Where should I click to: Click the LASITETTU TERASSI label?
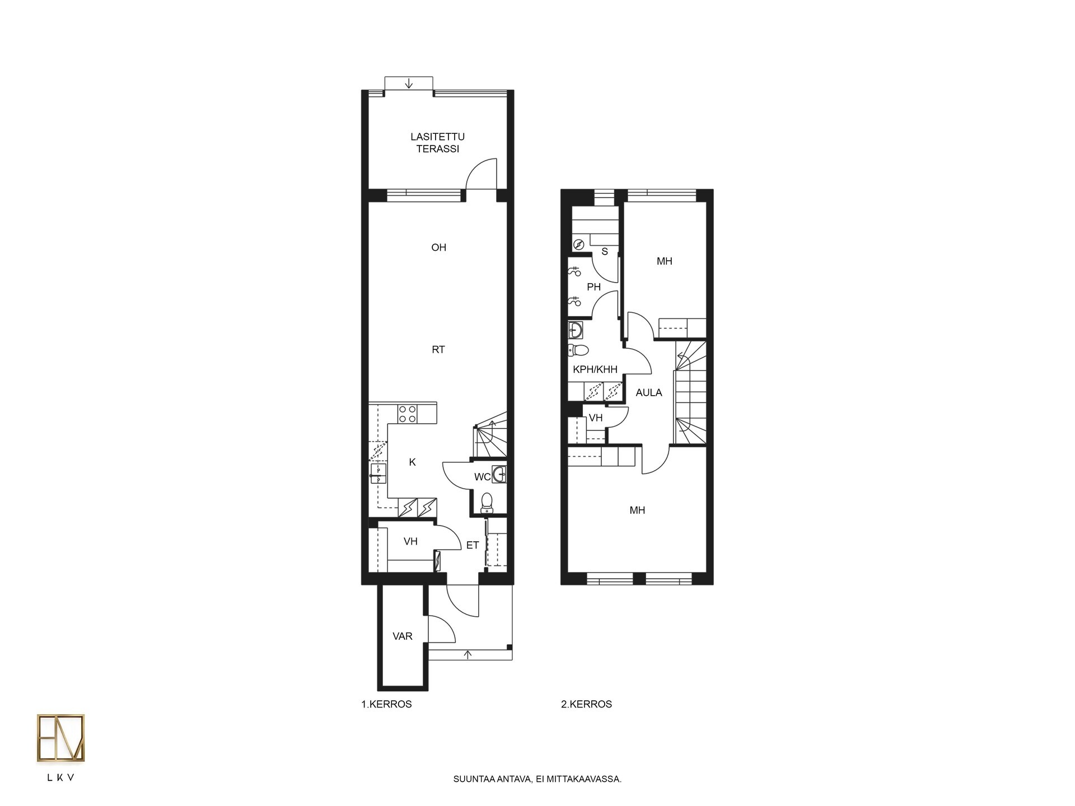(437, 143)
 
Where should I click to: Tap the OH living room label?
(438, 247)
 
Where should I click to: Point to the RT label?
(438, 350)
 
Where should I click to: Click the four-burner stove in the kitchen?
(407, 414)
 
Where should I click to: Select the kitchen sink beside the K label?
(378, 474)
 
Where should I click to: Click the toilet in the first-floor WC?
(487, 502)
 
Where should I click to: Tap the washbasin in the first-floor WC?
(499, 474)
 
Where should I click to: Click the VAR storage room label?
(402, 636)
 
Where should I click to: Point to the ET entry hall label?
(473, 545)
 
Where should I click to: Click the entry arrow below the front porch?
(468, 655)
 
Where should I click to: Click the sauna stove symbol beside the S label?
(579, 245)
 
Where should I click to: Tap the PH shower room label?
(593, 287)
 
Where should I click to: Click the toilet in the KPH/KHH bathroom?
(578, 350)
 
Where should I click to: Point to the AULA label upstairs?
(649, 393)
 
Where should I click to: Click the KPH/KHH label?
(595, 369)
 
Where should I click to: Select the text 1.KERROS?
(386, 704)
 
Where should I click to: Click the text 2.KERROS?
(586, 704)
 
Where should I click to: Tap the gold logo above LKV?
(60, 738)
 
